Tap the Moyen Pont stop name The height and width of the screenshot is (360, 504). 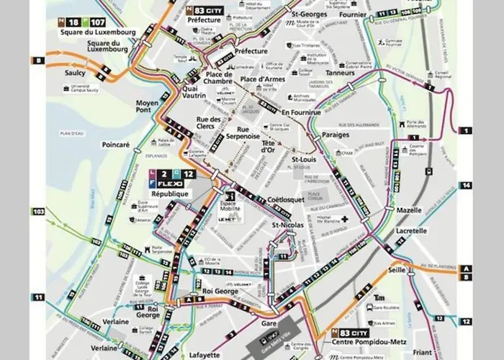click(152, 107)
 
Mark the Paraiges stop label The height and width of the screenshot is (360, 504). click(336, 135)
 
